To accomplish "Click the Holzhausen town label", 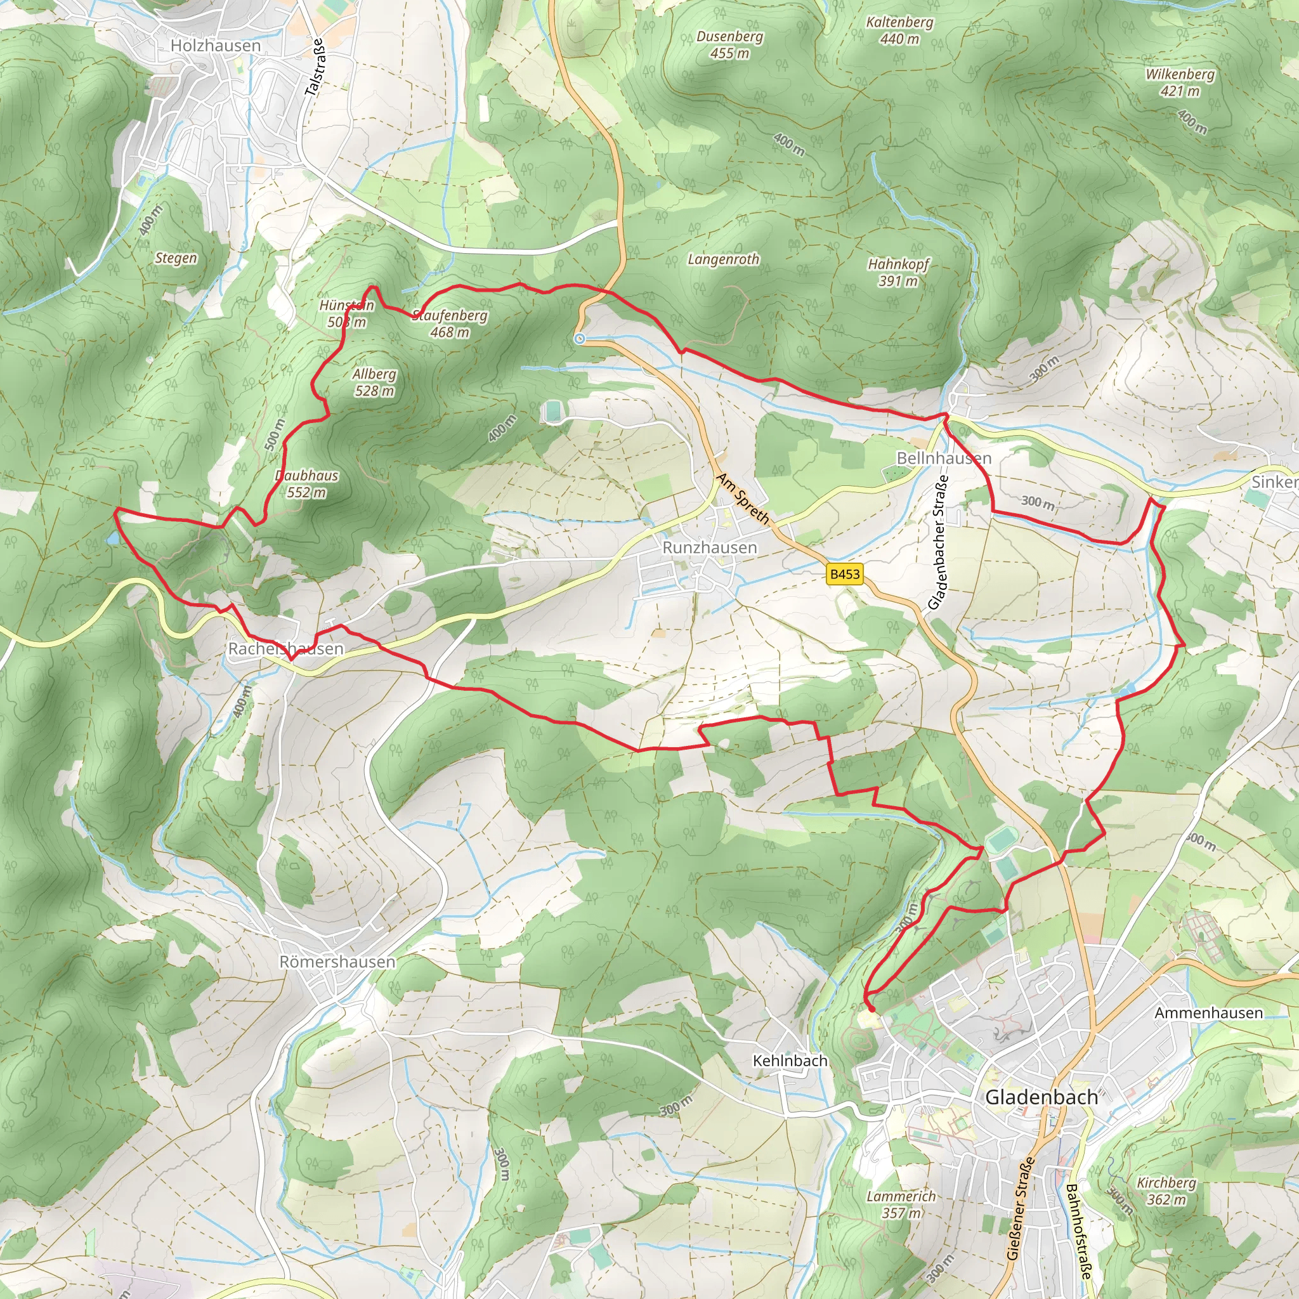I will click(x=215, y=46).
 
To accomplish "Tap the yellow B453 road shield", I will click(x=844, y=573).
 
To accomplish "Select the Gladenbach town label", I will click(x=1041, y=1097).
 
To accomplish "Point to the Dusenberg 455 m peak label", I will click(x=729, y=44).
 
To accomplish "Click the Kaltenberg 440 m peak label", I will click(x=899, y=30).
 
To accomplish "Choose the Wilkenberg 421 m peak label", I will click(x=1180, y=82).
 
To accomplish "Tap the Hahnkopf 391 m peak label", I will click(x=898, y=271).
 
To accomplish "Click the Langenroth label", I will click(x=723, y=259).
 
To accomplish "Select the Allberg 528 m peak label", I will click(x=374, y=382).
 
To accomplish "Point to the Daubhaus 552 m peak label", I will click(x=306, y=483).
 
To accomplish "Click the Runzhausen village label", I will click(x=709, y=547).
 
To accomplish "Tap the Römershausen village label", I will click(x=337, y=962).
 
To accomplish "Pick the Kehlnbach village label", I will click(x=790, y=1061).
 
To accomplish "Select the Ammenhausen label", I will click(x=1208, y=1012).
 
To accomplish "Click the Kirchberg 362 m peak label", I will click(x=1166, y=1191).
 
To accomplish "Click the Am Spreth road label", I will click(x=742, y=498).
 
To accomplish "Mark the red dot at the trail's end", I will click(x=871, y=1009).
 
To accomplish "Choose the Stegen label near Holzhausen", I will click(x=176, y=258).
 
